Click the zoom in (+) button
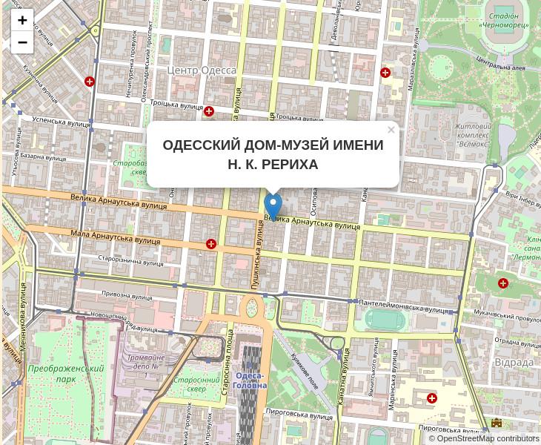pyautogui.click(x=22, y=20)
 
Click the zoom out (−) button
pyautogui.click(x=22, y=42)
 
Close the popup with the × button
pyautogui.click(x=391, y=130)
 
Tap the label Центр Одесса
pyautogui.click(x=202, y=70)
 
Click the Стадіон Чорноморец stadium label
pyautogui.click(x=504, y=20)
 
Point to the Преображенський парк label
pyautogui.click(x=66, y=373)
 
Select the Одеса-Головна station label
pyautogui.click(x=250, y=380)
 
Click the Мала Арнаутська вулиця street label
pyautogui.click(x=116, y=237)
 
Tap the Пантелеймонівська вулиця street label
pyautogui.click(x=403, y=306)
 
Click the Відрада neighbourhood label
pyautogui.click(x=514, y=362)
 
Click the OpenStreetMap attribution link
pyautogui.click(x=465, y=438)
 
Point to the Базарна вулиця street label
pyautogui.click(x=43, y=156)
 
